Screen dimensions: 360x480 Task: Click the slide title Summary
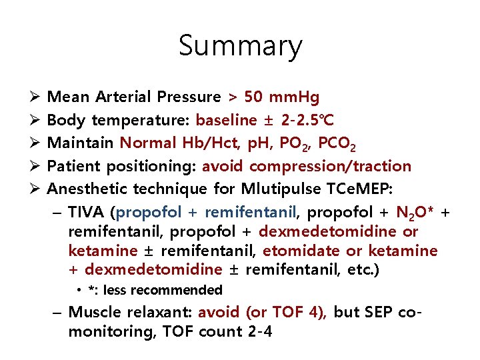pyautogui.click(x=240, y=46)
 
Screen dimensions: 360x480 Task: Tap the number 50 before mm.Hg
pyautogui.click(x=253, y=97)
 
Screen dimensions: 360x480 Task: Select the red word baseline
pyautogui.click(x=226, y=120)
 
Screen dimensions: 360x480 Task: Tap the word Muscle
pyautogui.click(x=93, y=313)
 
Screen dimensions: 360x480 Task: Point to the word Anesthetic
pyautogui.click(x=89, y=189)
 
